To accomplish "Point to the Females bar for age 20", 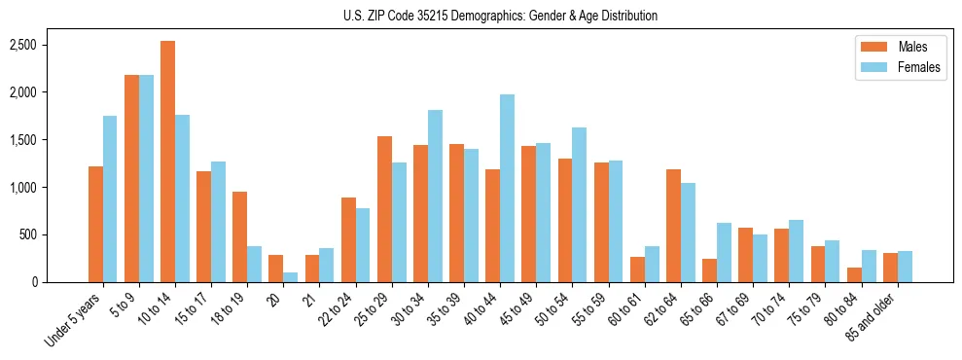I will click(291, 277).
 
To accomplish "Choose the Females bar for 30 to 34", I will click(435, 197).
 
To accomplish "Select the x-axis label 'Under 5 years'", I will click(76, 321).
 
